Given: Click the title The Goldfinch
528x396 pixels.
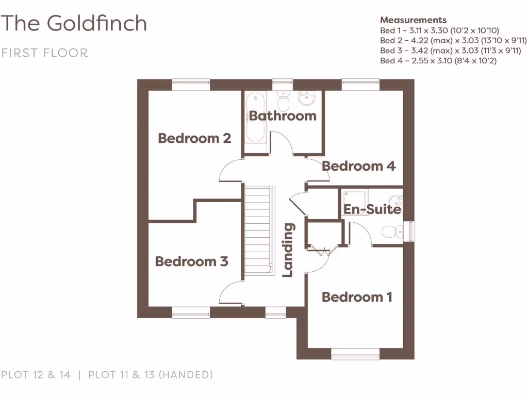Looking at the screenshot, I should click(x=74, y=23).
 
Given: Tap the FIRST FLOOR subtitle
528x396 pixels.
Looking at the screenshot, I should click(x=44, y=53).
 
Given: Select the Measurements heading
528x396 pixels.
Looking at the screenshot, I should click(x=413, y=20).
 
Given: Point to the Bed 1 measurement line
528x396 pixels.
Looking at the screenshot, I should click(x=439, y=30).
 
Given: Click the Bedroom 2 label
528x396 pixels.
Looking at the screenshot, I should click(x=194, y=138).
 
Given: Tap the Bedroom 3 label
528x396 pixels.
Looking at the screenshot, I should click(x=191, y=261).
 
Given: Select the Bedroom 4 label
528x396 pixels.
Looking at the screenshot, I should click(x=358, y=166).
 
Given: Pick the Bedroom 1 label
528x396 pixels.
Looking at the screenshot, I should click(x=357, y=297).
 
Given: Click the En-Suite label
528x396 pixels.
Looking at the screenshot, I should click(x=372, y=209).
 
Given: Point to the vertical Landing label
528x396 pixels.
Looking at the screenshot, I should click(x=288, y=250).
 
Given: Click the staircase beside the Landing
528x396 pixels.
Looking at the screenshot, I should click(x=257, y=229).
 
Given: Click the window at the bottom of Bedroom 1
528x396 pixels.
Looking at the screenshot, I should click(x=355, y=354).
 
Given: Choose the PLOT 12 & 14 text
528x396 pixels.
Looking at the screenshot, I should click(x=36, y=375).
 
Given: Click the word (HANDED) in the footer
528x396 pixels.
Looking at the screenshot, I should click(x=186, y=375).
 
